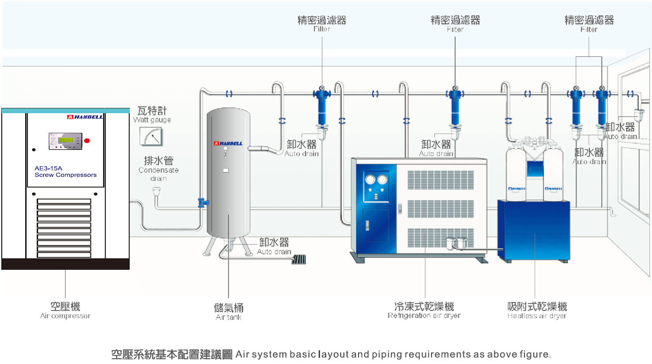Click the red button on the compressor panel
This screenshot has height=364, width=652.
87,141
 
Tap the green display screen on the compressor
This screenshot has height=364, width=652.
65,140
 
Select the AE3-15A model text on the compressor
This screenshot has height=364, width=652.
48,168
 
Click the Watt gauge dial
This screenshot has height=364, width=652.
151,136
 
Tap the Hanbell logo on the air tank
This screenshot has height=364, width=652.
228,143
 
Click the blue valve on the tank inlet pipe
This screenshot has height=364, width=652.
202,203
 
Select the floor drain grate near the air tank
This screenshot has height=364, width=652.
299,259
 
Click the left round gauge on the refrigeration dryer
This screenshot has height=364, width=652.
370,179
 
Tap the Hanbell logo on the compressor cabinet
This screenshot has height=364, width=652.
85,117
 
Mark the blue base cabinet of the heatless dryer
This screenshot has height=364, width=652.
534,230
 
